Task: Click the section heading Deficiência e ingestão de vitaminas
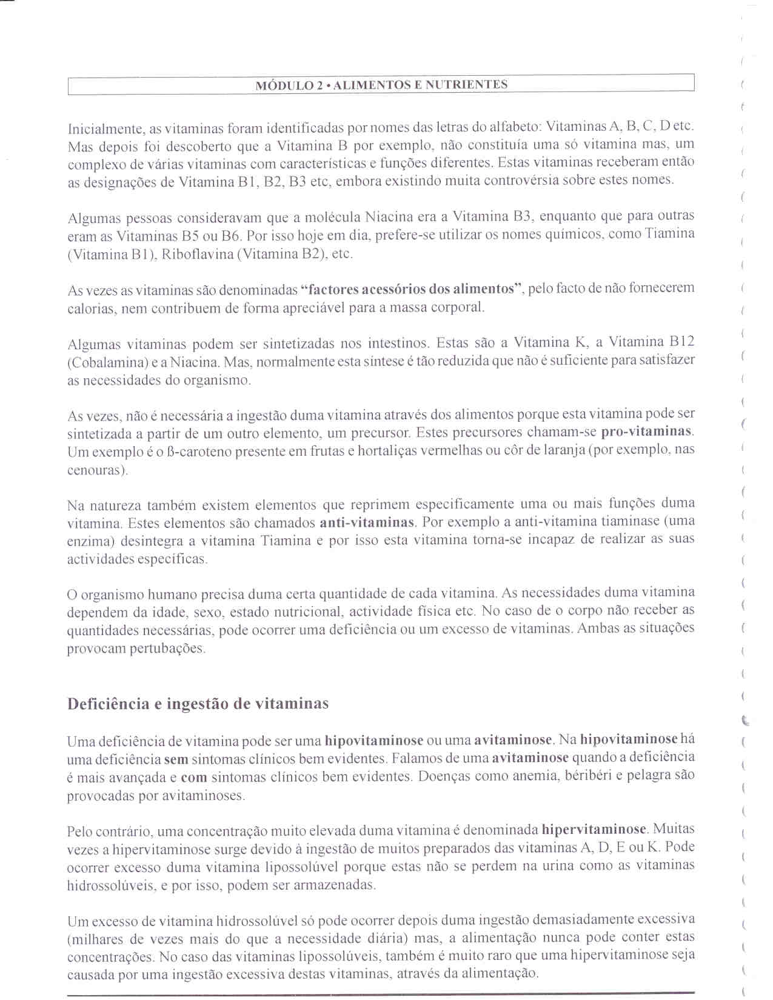click(x=198, y=704)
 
